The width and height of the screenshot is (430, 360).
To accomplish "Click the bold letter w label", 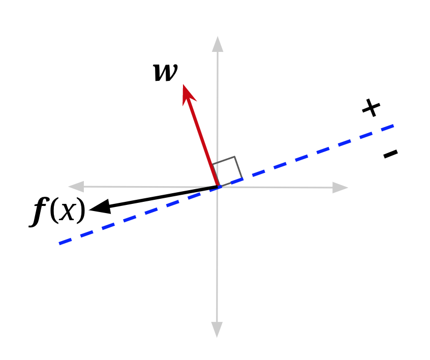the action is [166, 72].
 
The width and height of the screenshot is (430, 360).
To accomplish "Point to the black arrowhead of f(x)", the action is [98, 207].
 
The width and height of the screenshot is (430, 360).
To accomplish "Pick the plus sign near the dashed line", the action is [371, 108].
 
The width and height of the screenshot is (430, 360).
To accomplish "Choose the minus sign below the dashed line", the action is [390, 153].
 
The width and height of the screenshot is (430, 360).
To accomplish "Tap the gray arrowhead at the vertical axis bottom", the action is [217, 330].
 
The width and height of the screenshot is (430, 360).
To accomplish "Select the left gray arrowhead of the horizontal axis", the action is [76, 187].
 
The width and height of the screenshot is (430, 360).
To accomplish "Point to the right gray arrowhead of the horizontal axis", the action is [340, 188].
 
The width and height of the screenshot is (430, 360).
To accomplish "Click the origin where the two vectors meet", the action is [218, 187].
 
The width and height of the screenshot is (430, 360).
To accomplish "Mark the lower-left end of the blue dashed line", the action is [60, 243].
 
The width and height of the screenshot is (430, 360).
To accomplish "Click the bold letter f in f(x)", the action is [39, 211].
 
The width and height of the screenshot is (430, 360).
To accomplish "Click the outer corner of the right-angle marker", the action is [234, 157].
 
